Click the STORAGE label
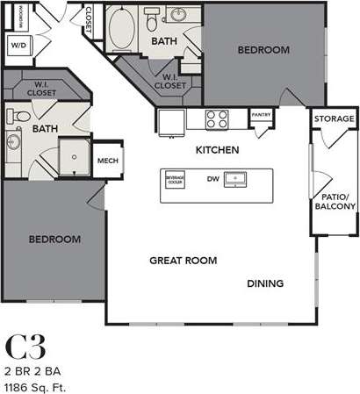coord(335,118)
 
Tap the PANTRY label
coord(261,114)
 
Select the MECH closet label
coord(107,161)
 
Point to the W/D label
coord(18,45)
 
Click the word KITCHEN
coord(218,150)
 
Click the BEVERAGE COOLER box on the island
coord(176,179)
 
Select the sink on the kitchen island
coord(236,179)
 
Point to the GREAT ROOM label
coord(183,261)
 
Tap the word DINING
coord(264,283)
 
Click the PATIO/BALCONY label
coord(335,202)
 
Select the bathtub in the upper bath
coord(119,24)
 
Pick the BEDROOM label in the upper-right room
coord(263,50)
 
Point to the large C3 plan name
coord(26,345)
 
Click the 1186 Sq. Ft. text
coord(37,386)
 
